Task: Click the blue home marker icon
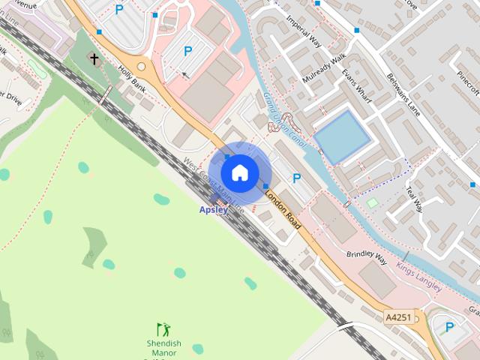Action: (x=239, y=172)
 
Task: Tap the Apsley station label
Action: (x=213, y=210)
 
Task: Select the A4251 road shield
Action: (x=397, y=318)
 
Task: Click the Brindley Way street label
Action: (x=367, y=256)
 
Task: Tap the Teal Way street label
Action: (x=414, y=196)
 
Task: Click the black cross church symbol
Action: (x=94, y=58)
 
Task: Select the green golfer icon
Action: (x=163, y=329)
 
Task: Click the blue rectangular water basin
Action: (x=342, y=136)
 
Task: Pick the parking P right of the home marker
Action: (x=297, y=178)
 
